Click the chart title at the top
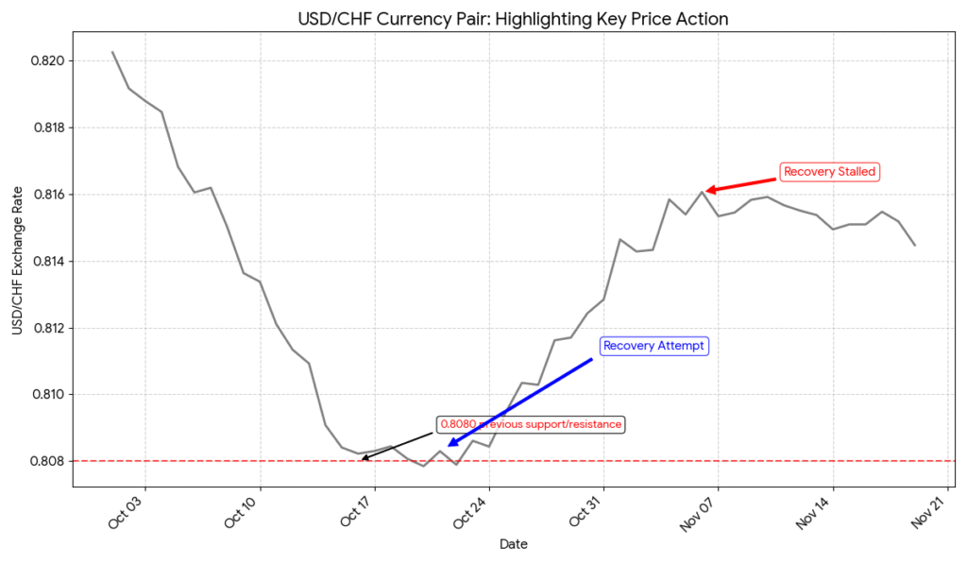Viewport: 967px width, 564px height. [x=513, y=19]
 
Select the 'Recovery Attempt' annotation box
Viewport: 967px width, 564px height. [x=653, y=346]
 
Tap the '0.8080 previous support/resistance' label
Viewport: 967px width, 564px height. [x=531, y=424]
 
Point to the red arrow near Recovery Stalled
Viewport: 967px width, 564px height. [x=741, y=183]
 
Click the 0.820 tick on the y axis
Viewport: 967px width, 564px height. [x=48, y=61]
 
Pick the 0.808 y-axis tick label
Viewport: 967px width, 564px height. [x=48, y=461]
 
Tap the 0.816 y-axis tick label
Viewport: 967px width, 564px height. [x=48, y=195]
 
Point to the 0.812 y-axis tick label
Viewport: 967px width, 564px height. [x=48, y=328]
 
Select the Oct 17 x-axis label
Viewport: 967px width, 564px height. [x=355, y=510]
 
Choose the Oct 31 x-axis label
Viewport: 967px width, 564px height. [x=585, y=510]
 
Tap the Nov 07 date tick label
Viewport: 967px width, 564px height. [x=699, y=510]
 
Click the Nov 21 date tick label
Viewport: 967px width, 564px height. [x=928, y=510]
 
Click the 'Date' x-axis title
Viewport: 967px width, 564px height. [x=513, y=544]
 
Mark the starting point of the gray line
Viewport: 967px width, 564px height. [x=112, y=52]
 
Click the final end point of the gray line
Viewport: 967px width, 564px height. [x=915, y=246]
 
